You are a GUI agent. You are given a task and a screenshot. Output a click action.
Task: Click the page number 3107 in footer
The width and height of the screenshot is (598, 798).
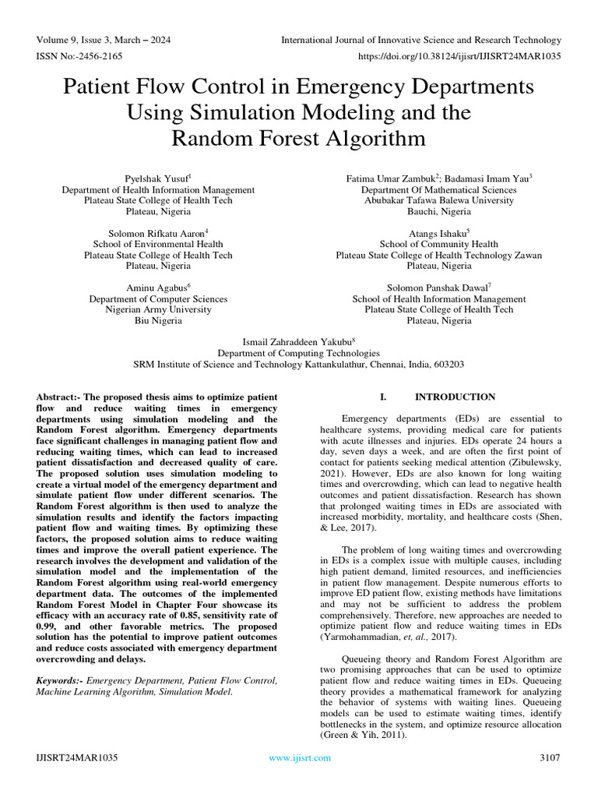[x=550, y=757]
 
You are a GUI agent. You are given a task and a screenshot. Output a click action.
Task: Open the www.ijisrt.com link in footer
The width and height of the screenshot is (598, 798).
[x=299, y=757]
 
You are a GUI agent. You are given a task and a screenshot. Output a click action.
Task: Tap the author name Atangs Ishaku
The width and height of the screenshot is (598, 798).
[x=438, y=233]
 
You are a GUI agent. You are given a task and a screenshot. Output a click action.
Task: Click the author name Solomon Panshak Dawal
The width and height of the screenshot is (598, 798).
[x=438, y=288]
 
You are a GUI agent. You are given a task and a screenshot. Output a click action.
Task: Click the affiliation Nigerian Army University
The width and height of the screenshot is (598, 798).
[x=158, y=309]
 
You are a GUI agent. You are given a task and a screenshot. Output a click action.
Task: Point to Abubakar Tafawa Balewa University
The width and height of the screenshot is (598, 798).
[x=439, y=200]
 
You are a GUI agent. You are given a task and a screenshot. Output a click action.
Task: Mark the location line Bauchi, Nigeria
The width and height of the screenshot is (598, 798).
[x=439, y=211]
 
